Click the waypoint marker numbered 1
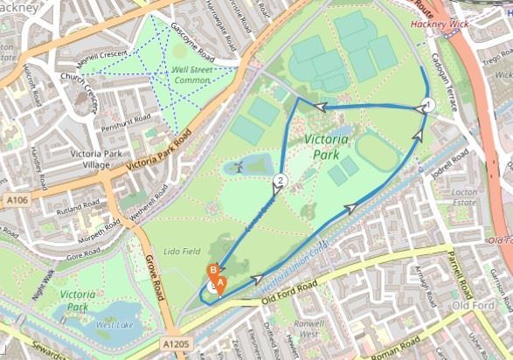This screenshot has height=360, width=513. [x=427, y=105]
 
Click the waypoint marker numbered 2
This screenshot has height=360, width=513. [x=280, y=182]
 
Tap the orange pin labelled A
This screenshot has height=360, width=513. [x=220, y=283]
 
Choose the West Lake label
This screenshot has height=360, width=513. [x=113, y=325]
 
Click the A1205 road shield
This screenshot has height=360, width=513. [x=176, y=345]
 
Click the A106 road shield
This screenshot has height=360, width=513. [x=15, y=201]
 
